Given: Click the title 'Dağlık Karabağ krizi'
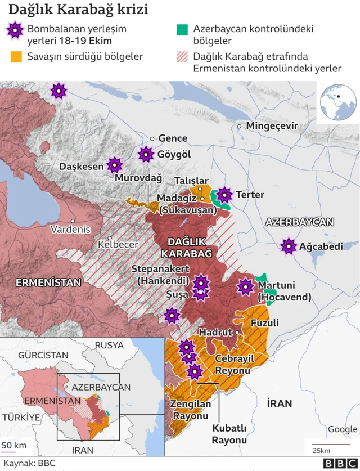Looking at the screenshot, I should pyautogui.click(x=78, y=10).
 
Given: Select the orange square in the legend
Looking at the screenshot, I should pyautogui.click(x=15, y=56).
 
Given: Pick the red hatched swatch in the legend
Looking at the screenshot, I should pyautogui.click(x=182, y=56).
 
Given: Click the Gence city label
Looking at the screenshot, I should pyautogui.click(x=173, y=138).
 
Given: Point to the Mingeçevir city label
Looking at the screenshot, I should pyautogui.click(x=272, y=126).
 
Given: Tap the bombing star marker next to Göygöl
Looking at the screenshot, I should pyautogui.click(x=146, y=154).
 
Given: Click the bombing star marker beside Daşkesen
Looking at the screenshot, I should pyautogui.click(x=115, y=165).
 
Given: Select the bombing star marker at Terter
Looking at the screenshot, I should pyautogui.click(x=224, y=195).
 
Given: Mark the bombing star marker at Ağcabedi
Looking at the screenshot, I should pyautogui.click(x=289, y=246).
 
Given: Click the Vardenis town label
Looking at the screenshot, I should pyautogui.click(x=70, y=230).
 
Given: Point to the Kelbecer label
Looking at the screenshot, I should pyautogui.click(x=118, y=245).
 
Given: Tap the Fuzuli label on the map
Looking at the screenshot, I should pyautogui.click(x=264, y=324).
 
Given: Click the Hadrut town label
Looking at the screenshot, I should pyautogui.click(x=215, y=333).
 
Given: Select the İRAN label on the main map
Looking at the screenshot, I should pyautogui.click(x=280, y=403).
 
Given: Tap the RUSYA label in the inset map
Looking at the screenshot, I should pyautogui.click(x=109, y=345).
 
